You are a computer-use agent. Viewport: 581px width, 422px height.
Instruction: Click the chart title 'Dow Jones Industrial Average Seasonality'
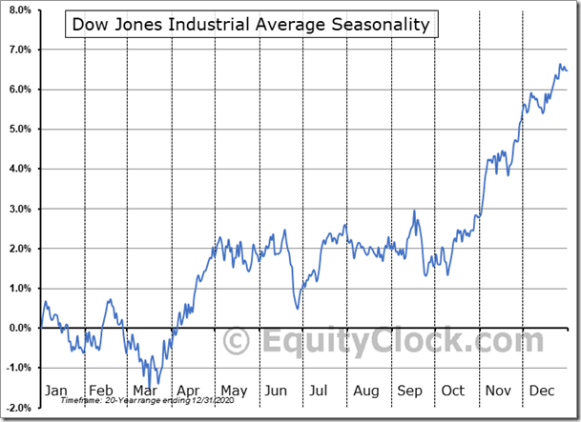[x=252, y=25]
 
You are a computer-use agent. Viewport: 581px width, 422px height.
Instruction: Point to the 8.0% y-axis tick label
[x=18, y=10]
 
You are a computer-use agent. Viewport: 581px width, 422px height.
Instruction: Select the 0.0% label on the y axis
[x=18, y=328]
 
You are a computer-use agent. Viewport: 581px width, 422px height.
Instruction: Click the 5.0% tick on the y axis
[x=18, y=129]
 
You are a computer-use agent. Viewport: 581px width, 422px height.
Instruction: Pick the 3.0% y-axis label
[x=18, y=209]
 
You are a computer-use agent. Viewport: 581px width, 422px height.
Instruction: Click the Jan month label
[x=57, y=391]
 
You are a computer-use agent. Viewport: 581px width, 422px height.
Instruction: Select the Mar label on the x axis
[x=145, y=391]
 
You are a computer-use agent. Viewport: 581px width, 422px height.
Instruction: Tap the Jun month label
[x=276, y=391]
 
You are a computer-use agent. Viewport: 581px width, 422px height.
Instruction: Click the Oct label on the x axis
[x=452, y=391]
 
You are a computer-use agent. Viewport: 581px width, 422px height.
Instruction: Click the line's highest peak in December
[x=560, y=65]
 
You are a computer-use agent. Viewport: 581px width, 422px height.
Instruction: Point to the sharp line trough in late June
[x=297, y=308]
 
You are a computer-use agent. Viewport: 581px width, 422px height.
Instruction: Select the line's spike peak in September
[x=414, y=211]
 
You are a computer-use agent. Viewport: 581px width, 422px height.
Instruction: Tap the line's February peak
[x=110, y=300]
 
